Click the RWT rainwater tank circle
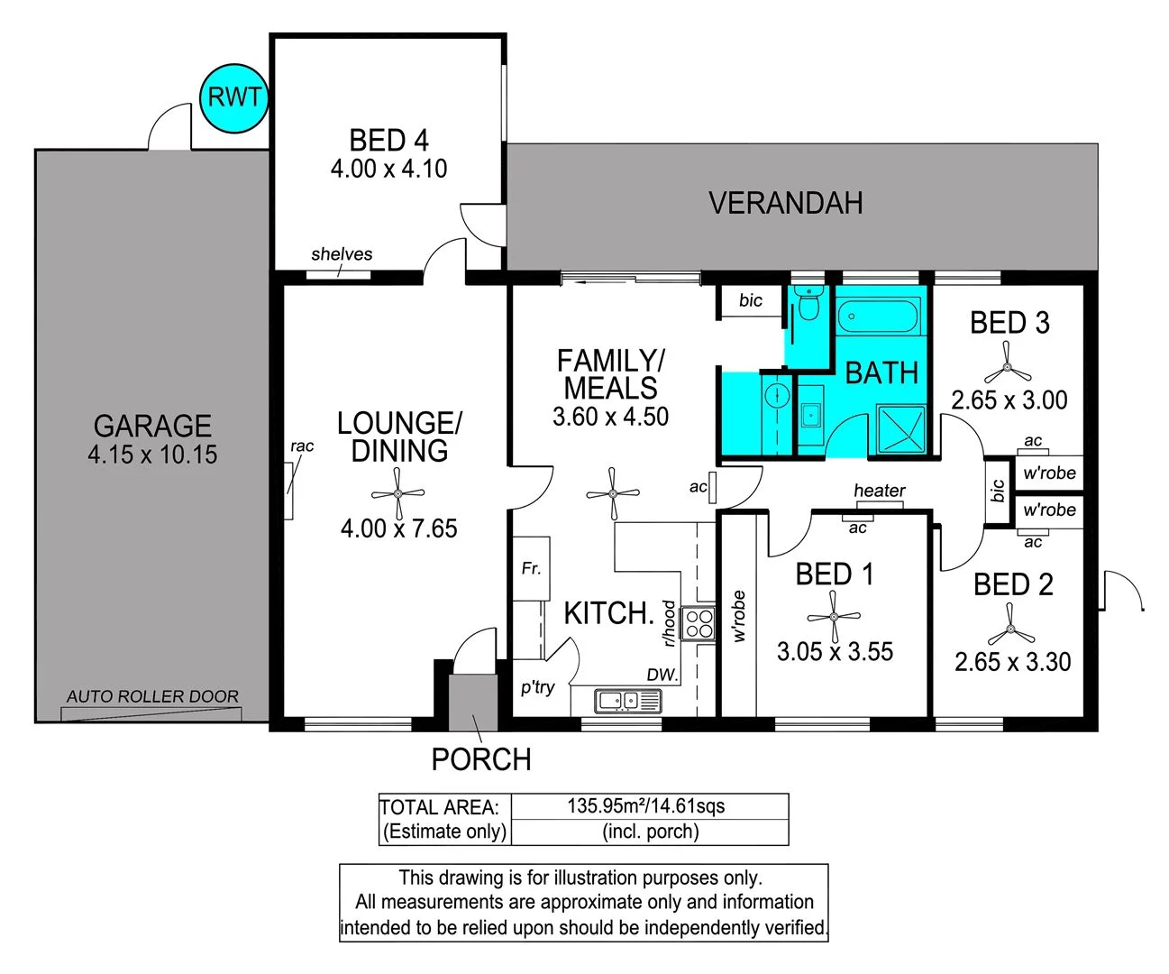[234, 97]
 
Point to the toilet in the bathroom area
[808, 306]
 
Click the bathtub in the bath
[877, 317]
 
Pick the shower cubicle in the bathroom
[900, 430]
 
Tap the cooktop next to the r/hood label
[699, 623]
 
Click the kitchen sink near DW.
[627, 699]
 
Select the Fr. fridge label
[531, 568]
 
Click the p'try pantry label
[538, 687]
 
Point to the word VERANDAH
[785, 204]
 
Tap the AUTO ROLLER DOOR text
[152, 696]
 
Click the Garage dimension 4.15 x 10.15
[152, 455]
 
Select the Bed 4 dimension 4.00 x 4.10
[388, 169]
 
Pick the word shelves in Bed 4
[342, 254]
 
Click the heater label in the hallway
[879, 491]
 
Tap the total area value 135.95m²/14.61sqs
[645, 806]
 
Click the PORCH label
[480, 760]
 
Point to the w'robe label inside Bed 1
[739, 616]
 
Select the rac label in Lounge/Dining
[302, 446]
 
